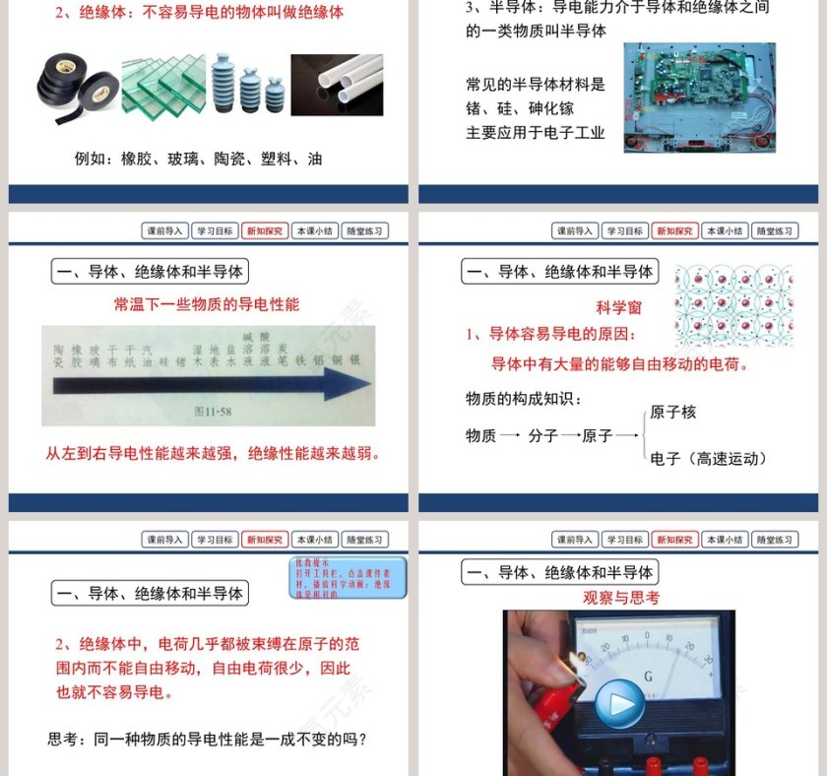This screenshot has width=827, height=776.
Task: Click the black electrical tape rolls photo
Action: (x=78, y=85)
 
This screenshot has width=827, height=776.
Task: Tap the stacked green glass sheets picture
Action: (x=163, y=86)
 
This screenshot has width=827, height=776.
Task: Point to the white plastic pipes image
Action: (x=338, y=85)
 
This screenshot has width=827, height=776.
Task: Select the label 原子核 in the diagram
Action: (x=673, y=413)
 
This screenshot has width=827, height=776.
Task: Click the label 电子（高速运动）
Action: (x=709, y=458)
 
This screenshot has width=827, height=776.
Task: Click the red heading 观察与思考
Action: (x=621, y=598)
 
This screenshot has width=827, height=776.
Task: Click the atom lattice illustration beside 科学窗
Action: (x=733, y=306)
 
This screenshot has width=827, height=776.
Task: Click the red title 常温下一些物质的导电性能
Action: (x=207, y=304)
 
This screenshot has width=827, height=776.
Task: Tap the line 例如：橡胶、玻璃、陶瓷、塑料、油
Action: (x=198, y=159)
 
